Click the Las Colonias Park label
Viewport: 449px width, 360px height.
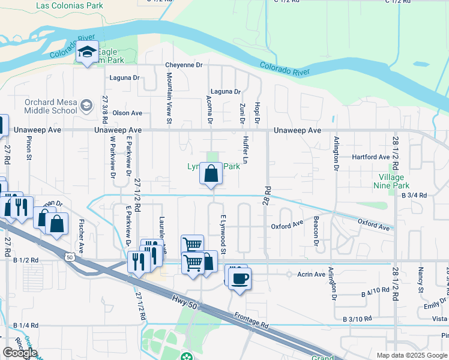coord(70,6)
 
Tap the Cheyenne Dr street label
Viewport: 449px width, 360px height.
coord(184,65)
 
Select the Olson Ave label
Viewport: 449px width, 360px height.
coord(127,113)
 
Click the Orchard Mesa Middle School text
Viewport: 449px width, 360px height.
coord(50,106)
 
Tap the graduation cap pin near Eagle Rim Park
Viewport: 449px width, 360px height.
coord(88,53)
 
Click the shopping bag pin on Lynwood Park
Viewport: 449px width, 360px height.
coord(211,174)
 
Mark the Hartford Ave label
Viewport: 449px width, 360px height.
coord(371,157)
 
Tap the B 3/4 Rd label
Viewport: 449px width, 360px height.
coord(414,196)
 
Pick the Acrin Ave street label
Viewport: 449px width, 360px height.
coord(311,274)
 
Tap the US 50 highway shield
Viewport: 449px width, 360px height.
coord(70,257)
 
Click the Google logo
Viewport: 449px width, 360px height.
coord(20,353)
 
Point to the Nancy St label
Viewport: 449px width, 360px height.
coord(421,281)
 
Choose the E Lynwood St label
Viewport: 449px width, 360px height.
coord(223,235)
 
